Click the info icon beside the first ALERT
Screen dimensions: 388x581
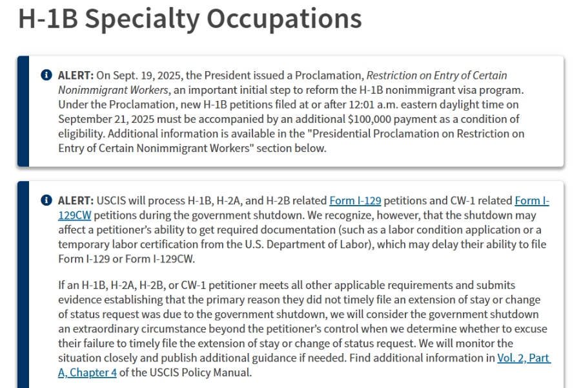point(46,76)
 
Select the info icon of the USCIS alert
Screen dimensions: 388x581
point(46,200)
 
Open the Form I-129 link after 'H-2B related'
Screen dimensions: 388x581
point(355,200)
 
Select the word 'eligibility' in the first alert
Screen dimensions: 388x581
point(81,134)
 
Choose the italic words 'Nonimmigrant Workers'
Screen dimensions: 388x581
point(114,90)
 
